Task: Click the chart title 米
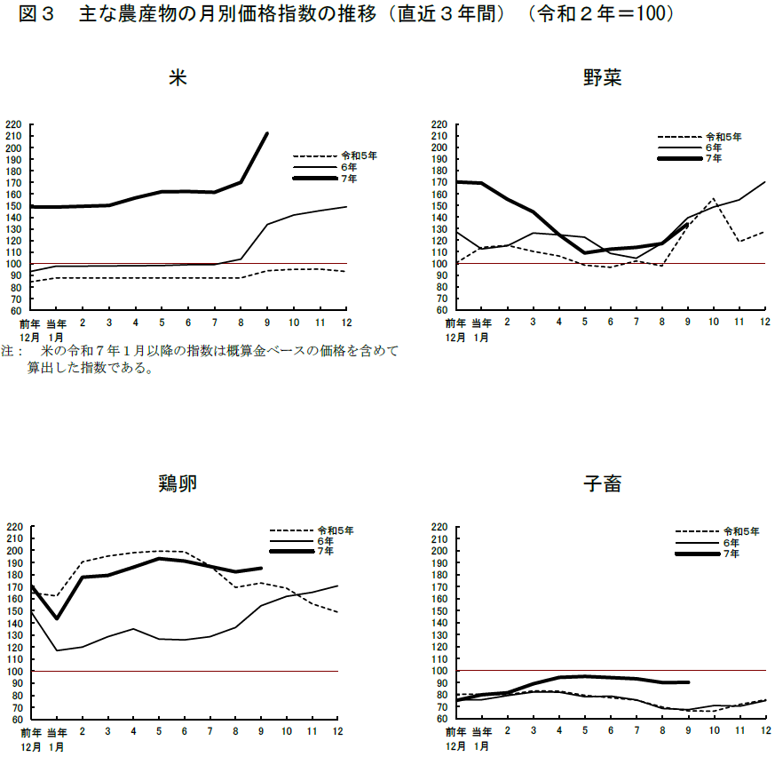click(x=178, y=78)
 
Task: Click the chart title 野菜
click(x=602, y=78)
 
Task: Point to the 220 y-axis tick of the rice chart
click(x=13, y=124)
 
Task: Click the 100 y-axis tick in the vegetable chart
click(x=439, y=264)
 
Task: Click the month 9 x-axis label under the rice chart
click(x=268, y=323)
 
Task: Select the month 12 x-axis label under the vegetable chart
click(x=765, y=323)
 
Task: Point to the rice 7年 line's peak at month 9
click(x=267, y=133)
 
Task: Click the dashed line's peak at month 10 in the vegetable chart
click(x=713, y=199)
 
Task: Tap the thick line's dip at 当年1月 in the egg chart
click(x=57, y=618)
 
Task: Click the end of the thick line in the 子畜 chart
click(x=688, y=682)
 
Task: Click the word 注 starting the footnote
click(x=7, y=351)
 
